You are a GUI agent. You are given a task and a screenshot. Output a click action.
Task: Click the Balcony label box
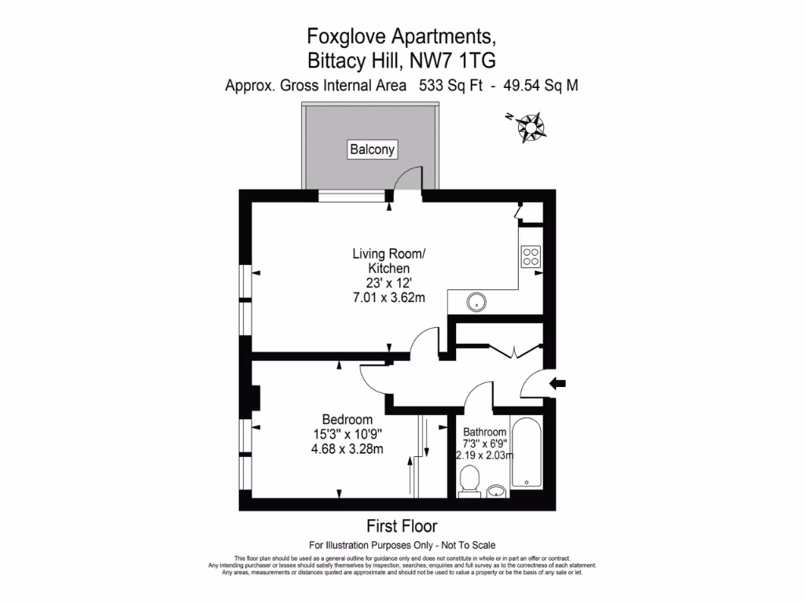point(373,149)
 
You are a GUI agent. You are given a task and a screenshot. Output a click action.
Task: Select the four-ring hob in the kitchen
point(531,256)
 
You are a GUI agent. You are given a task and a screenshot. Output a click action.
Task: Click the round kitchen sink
point(476,301)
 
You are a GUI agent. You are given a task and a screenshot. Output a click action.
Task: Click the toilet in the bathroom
point(469,481)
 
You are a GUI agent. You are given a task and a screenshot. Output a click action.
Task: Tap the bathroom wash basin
point(497,492)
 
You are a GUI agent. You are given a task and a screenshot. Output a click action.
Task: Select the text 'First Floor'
point(402,526)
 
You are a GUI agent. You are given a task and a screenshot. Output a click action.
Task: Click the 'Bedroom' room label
point(347,419)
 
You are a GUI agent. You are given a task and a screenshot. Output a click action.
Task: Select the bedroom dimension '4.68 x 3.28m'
point(347,449)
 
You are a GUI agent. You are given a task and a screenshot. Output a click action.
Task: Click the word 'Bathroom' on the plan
point(484,432)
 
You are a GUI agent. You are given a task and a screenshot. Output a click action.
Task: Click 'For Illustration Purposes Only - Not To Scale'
point(402,545)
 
